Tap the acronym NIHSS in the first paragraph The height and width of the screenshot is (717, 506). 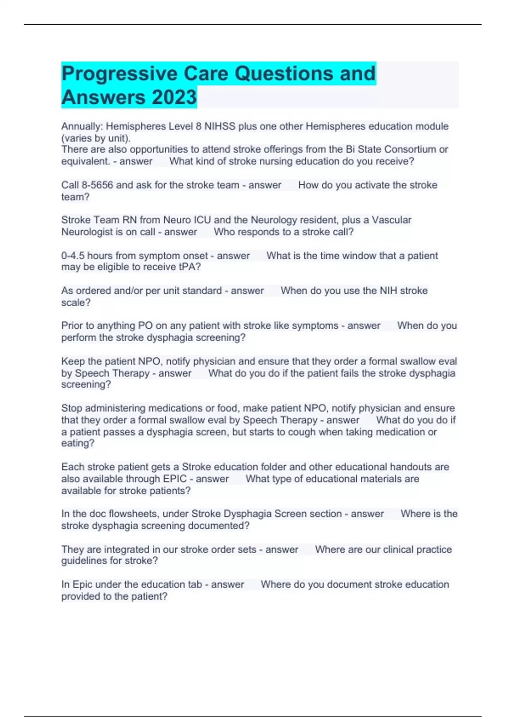(220, 126)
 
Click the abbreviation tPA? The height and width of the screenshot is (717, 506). (189, 267)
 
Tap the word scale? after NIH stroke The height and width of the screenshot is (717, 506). (76, 302)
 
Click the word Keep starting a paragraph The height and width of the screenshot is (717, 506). (72, 361)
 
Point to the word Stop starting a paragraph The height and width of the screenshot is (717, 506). (72, 408)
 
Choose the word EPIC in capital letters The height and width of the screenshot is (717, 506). (175, 479)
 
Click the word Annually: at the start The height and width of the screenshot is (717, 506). (82, 126)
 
